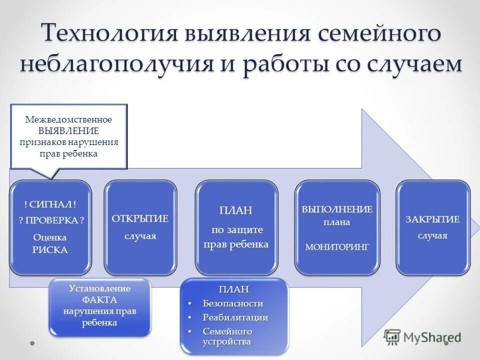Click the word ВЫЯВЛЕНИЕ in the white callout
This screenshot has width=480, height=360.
pos(69,131)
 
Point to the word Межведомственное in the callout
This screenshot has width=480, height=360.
pos(69,120)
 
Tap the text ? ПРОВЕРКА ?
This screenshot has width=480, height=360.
pos(50,220)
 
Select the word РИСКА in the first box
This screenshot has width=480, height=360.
pos(50,250)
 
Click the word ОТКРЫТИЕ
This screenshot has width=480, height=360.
pos(140,219)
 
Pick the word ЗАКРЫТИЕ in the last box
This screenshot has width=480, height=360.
pos(432,219)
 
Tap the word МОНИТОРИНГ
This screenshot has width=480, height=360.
pos(336,246)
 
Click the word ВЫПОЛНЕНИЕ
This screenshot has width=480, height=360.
pos(336,209)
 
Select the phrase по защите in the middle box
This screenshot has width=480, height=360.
pos(236,229)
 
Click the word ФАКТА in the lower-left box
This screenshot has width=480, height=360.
pos(100,300)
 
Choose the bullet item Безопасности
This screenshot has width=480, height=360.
pos(232,303)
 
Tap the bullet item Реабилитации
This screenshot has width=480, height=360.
pos(235,317)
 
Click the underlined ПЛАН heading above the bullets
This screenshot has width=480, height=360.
pos(233,289)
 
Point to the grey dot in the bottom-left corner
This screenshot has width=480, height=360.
pos(32,343)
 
